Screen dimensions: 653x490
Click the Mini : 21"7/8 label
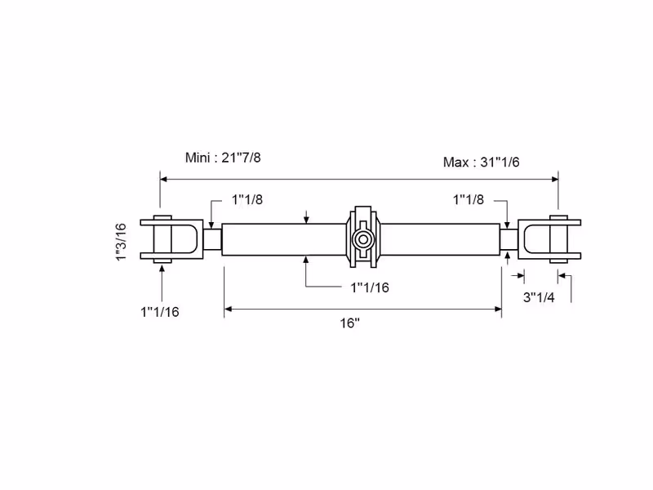[223, 158]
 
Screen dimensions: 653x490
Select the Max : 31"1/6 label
[482, 162]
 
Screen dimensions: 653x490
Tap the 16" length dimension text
[350, 323]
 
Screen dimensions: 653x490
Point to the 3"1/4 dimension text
[539, 297]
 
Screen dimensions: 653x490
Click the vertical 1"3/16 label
[121, 242]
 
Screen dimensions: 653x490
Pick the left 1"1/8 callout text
[247, 199]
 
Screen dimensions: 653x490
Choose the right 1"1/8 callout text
[469, 199]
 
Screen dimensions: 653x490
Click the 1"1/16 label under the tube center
[370, 287]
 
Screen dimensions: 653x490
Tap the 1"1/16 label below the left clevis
[160, 312]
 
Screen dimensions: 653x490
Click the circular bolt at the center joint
[362, 239]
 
